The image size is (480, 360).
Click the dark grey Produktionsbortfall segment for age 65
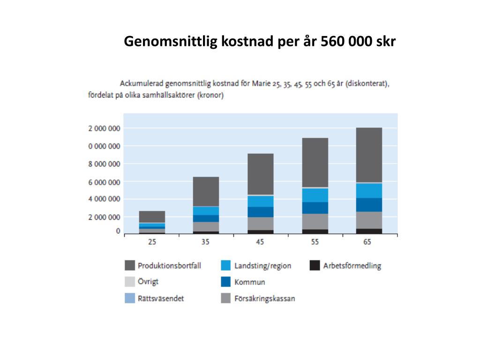[x=368, y=155]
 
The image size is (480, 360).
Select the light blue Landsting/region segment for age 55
[x=315, y=195]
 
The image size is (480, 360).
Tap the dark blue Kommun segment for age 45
[x=261, y=212]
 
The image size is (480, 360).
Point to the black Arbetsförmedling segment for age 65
[x=368, y=231]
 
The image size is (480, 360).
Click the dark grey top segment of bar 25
[x=152, y=217]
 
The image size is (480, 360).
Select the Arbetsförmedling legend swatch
[x=315, y=266]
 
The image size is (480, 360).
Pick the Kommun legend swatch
[x=226, y=282]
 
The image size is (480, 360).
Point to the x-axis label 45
[x=260, y=242]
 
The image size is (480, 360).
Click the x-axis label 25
[x=152, y=242]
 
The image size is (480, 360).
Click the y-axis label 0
[x=118, y=232]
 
